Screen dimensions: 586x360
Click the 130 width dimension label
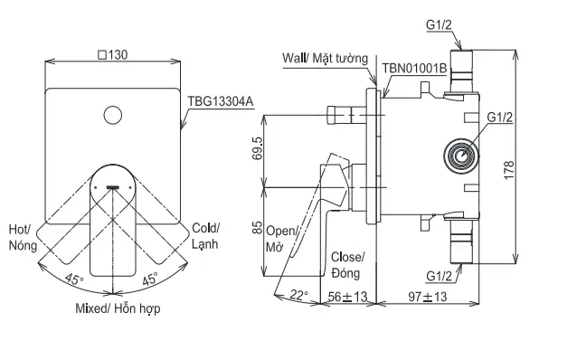(112, 55)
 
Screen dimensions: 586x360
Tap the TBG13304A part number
(221, 101)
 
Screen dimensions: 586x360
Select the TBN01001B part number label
(414, 69)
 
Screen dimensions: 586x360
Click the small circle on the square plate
(112, 115)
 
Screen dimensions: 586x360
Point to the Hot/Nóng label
(23, 237)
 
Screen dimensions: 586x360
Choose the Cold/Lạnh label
(205, 236)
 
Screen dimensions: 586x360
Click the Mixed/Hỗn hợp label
(118, 308)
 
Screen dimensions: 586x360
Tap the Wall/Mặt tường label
(326, 59)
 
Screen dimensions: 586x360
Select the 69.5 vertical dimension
(258, 148)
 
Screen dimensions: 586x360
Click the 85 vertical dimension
(258, 227)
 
